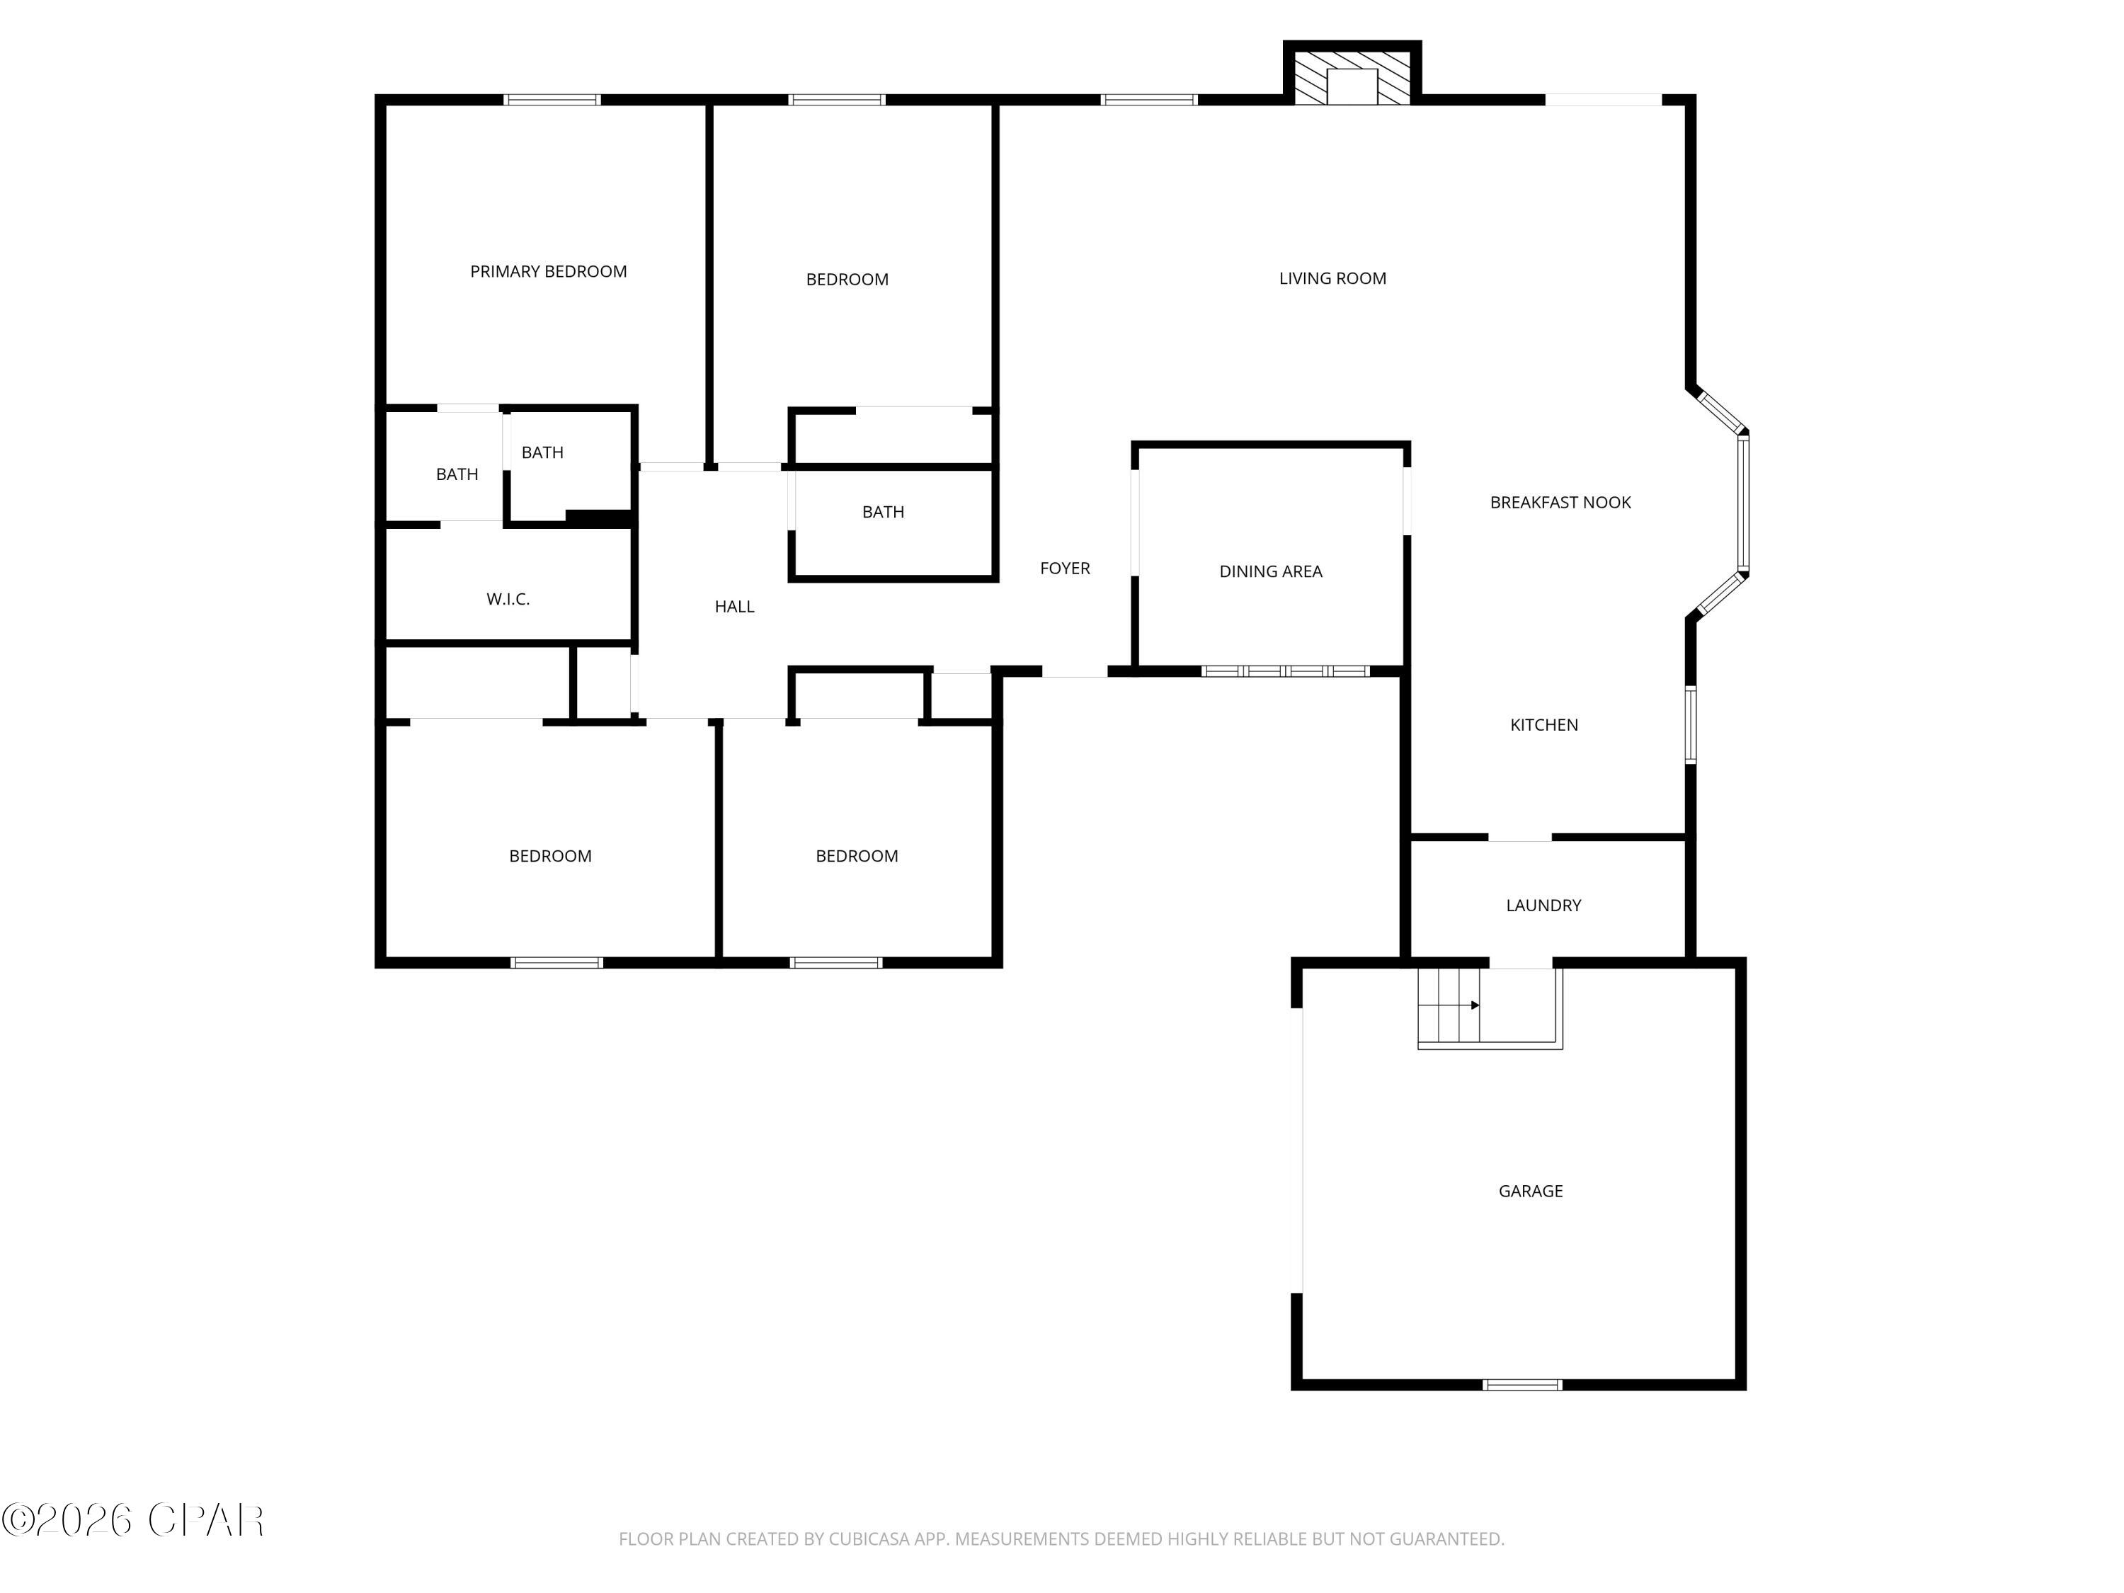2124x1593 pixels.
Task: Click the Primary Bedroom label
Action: [x=548, y=272]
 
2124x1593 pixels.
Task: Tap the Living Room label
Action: [x=1332, y=278]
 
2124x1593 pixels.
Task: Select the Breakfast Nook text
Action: [x=1560, y=502]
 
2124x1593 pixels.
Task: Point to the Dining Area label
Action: [x=1270, y=571]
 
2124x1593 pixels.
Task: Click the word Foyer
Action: [x=1065, y=569]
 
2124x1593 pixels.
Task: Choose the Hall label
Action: [x=735, y=607]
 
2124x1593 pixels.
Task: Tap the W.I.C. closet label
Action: [x=508, y=599]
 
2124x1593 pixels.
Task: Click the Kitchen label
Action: [x=1544, y=725]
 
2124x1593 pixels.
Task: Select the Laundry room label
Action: [x=1543, y=906]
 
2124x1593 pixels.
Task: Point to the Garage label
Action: [x=1531, y=1192]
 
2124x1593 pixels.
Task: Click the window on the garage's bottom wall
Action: [x=1522, y=1385]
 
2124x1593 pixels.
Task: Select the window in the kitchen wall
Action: [x=1691, y=724]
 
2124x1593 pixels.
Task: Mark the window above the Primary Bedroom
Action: [x=552, y=100]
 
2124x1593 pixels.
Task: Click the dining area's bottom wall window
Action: [x=1286, y=671]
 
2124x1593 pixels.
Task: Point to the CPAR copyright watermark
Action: [x=132, y=1520]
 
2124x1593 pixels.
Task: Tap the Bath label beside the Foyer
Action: [x=882, y=513]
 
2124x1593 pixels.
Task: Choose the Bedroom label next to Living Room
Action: [x=847, y=280]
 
